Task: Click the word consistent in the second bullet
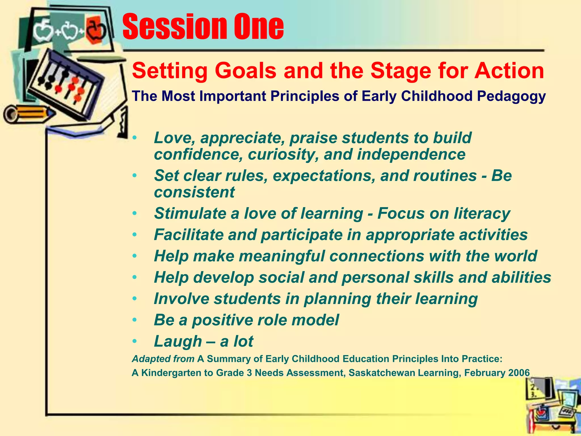pos(194,192)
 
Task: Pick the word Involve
pos(181,299)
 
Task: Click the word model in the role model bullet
pos(315,320)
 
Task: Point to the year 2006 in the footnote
pos(519,373)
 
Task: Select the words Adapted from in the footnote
pos(163,359)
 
